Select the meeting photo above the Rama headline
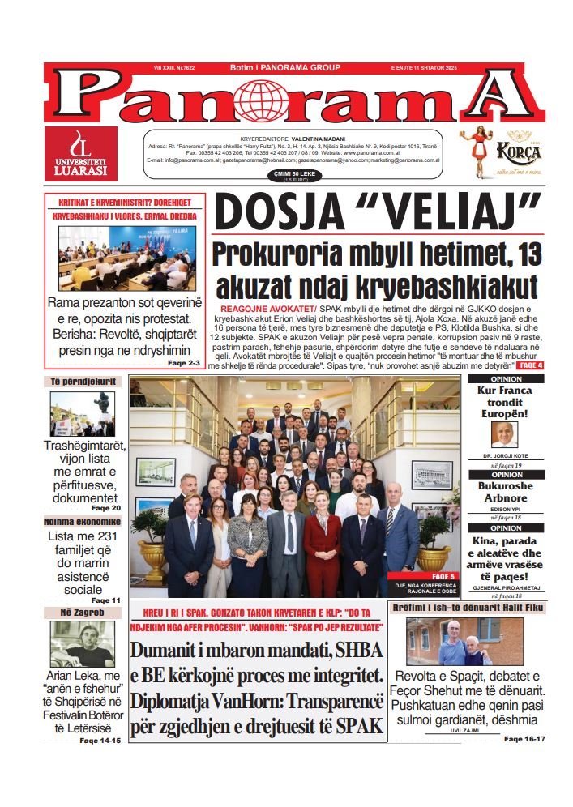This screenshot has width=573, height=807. (126, 258)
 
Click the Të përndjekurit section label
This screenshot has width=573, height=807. (83, 382)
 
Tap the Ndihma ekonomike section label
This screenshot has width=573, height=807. (83, 522)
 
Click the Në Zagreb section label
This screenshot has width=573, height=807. (83, 613)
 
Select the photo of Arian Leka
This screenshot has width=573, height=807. (83, 645)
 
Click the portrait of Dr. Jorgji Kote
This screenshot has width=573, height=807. (504, 435)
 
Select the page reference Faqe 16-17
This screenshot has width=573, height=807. (524, 739)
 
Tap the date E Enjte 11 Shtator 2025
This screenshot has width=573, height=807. (424, 68)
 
